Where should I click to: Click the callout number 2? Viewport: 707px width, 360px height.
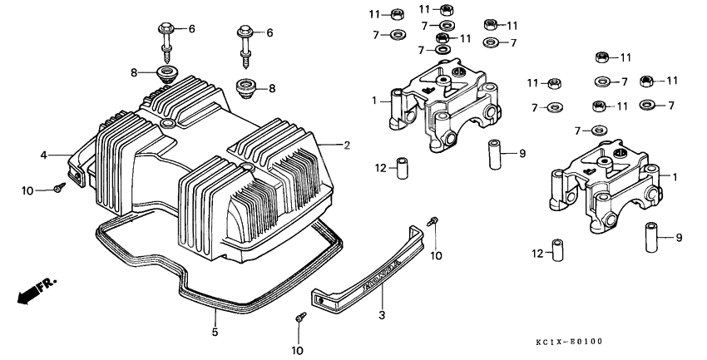coord(347,145)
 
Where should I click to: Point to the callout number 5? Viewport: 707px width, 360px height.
coord(215,333)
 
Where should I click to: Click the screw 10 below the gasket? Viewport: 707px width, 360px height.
coord(299,318)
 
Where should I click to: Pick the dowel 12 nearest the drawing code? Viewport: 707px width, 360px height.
coord(559,250)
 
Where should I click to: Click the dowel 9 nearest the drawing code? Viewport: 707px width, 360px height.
coord(651,238)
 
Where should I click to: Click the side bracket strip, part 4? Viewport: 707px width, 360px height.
coord(79,162)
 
